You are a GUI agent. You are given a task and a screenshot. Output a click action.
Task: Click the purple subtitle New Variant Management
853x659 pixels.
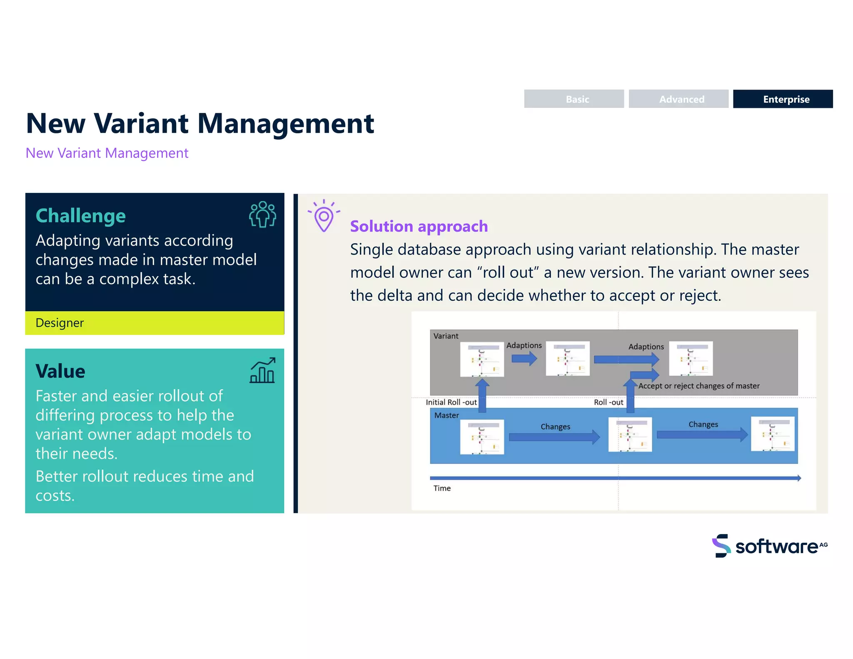[x=107, y=153]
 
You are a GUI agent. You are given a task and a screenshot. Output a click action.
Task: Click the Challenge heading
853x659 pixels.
[x=81, y=216]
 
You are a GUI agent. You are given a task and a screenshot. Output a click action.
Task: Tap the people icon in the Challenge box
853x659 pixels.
[x=262, y=215]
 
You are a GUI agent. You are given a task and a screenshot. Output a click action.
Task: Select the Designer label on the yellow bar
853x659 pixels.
[x=60, y=323]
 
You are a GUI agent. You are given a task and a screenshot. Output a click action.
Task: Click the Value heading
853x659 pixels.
[x=60, y=371]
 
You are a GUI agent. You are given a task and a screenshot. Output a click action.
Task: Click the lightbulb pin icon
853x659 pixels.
[x=324, y=216]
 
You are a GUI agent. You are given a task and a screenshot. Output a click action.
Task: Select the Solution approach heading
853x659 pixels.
[x=419, y=226]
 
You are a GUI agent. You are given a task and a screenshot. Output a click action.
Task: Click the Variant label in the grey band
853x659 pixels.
[x=446, y=336]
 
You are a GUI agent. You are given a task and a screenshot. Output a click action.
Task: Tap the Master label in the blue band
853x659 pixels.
[x=446, y=415]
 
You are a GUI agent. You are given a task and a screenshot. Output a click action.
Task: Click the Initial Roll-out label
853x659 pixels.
[x=451, y=402]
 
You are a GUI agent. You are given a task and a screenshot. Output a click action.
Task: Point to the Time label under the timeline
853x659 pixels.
[x=442, y=488]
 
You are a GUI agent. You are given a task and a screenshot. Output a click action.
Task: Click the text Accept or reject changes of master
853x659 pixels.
[x=698, y=386]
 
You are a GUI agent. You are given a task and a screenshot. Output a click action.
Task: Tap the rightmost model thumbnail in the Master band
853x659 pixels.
[x=772, y=434]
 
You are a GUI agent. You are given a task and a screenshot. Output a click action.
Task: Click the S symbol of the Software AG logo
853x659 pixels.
[x=721, y=546]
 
